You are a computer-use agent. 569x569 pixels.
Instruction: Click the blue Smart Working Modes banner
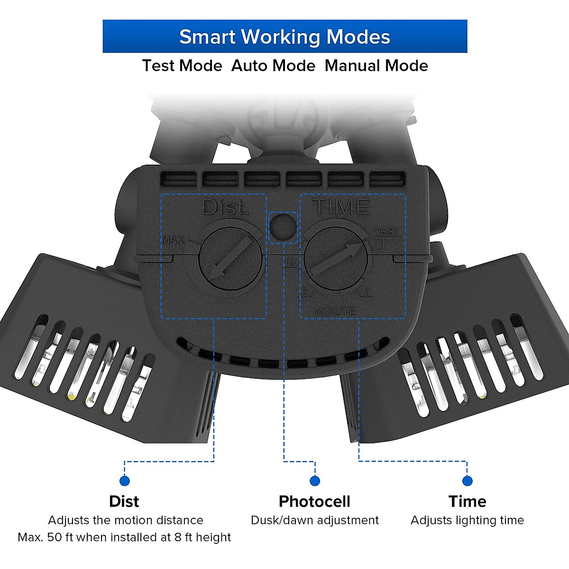pyautogui.click(x=284, y=37)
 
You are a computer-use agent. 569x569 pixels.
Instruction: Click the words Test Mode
pyautogui.click(x=182, y=65)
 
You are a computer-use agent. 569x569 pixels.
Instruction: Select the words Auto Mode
pyautogui.click(x=273, y=65)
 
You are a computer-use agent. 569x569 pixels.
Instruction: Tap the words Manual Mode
pyautogui.click(x=376, y=65)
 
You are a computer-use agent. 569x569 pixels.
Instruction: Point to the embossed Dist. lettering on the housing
pyautogui.click(x=225, y=208)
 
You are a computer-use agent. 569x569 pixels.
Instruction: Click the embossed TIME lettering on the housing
pyautogui.click(x=340, y=207)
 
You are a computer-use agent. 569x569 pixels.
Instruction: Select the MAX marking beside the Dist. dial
pyautogui.click(x=173, y=240)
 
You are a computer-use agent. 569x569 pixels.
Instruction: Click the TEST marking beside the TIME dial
pyautogui.click(x=387, y=231)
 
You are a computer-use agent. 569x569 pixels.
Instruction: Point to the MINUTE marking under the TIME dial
pyautogui.click(x=334, y=312)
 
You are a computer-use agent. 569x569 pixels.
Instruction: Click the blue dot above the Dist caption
pyautogui.click(x=125, y=481)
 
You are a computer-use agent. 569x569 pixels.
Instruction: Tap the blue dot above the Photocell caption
pyautogui.click(x=314, y=481)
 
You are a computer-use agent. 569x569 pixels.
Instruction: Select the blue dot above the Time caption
pyautogui.click(x=467, y=481)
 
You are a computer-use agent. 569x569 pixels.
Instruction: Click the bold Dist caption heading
pyautogui.click(x=124, y=501)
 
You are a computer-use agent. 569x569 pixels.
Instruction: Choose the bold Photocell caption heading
pyautogui.click(x=314, y=501)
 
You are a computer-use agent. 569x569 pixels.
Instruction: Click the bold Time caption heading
pyautogui.click(x=467, y=501)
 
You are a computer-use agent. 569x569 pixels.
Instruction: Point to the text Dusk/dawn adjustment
pyautogui.click(x=315, y=520)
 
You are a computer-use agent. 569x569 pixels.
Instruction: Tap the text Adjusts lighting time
pyautogui.click(x=467, y=520)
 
